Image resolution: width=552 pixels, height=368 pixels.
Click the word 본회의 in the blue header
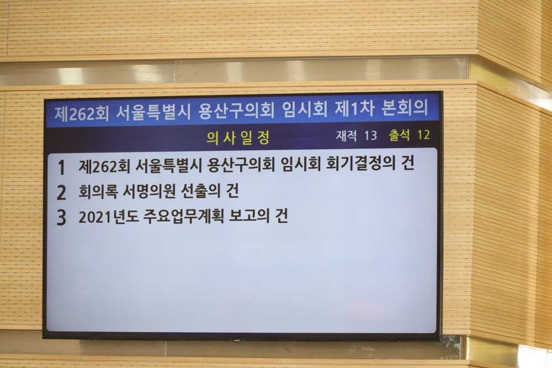click(x=405, y=108)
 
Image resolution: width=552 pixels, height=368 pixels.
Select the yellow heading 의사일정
click(x=238, y=138)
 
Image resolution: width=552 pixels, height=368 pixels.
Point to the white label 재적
click(x=346, y=135)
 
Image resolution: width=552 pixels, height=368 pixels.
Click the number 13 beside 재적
click(x=370, y=135)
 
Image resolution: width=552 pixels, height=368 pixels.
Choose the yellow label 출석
click(x=399, y=135)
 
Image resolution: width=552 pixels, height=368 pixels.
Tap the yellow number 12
click(x=423, y=135)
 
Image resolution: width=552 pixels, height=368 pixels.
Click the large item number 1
click(x=62, y=167)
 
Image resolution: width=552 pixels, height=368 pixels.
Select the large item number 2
click(x=61, y=192)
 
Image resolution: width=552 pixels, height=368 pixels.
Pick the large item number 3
click(x=61, y=218)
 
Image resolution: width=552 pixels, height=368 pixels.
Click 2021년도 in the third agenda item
click(x=108, y=217)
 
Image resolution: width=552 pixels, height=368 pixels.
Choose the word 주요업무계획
click(x=183, y=216)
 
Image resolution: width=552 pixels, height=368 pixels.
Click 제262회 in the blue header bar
click(x=82, y=113)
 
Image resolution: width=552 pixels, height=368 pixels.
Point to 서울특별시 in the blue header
click(x=153, y=112)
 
